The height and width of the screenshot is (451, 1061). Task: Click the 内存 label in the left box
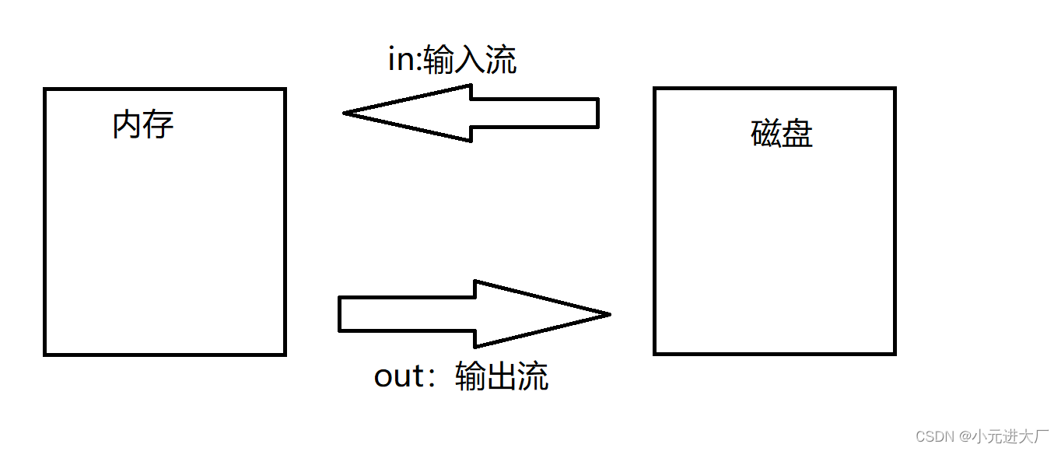[x=143, y=124]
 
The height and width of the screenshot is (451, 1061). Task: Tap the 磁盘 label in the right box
[x=782, y=134]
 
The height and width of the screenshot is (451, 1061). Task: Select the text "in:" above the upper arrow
[x=404, y=61]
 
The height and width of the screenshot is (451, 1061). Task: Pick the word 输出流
[x=502, y=376]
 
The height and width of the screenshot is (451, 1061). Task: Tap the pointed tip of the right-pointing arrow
[x=608, y=314]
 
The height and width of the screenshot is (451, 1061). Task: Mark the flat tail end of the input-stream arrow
[x=597, y=113]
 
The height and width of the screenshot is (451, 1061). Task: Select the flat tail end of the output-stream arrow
[x=340, y=314]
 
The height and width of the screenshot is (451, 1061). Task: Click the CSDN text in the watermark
[x=934, y=435]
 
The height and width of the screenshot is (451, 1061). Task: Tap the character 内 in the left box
[x=128, y=124]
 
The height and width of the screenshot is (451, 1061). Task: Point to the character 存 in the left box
[x=159, y=124]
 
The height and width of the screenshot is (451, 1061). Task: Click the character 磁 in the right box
[x=766, y=134]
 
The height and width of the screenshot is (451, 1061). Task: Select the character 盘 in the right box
[x=797, y=134]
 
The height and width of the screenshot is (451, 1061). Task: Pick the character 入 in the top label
[x=470, y=61]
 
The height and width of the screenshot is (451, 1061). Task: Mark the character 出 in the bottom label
[x=502, y=376]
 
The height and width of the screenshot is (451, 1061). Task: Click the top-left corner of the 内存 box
[x=45, y=89]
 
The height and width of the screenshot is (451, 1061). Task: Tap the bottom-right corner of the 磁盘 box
[x=895, y=353]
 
